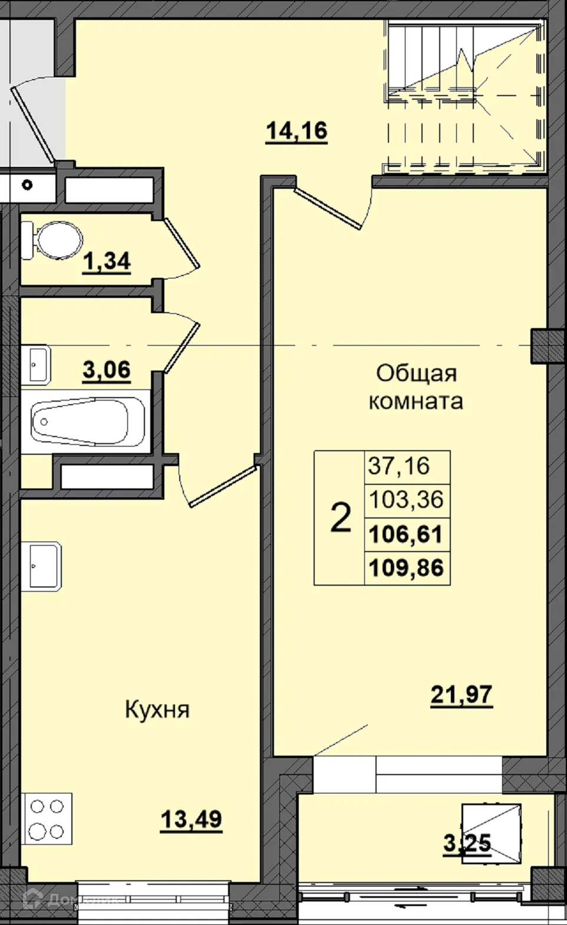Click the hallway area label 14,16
296,130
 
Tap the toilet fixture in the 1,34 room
54,240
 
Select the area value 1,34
107,261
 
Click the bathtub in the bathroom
88,421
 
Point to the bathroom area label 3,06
107,370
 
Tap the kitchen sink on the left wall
44,566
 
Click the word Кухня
157,710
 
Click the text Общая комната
416,387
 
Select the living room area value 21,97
461,695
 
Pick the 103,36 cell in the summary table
407,500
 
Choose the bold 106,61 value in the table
407,534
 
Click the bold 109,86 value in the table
407,568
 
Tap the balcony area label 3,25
467,843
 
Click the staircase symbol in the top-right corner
464,94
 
